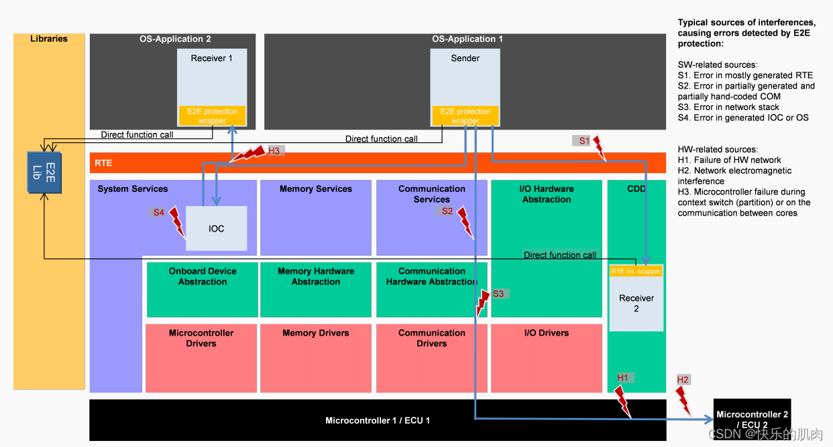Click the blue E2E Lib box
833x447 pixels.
[x=44, y=171]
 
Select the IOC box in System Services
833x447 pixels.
[x=216, y=228]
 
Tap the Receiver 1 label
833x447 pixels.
[x=211, y=58]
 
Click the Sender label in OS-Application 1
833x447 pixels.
[x=465, y=58]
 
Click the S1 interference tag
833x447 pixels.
[x=584, y=140]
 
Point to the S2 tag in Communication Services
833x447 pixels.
[x=447, y=211]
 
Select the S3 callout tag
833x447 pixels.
[x=498, y=293]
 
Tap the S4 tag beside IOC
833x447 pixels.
[x=158, y=212]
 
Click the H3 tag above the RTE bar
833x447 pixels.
[x=274, y=151]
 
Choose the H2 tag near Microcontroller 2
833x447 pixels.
[x=683, y=380]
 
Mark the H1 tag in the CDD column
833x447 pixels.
[x=622, y=378]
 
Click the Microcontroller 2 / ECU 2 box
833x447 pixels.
[x=751, y=419]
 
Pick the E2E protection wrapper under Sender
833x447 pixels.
[x=465, y=116]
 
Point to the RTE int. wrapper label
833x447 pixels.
[x=636, y=271]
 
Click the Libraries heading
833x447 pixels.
[x=49, y=39]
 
